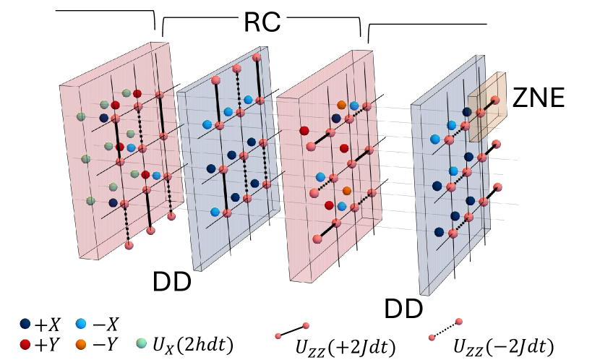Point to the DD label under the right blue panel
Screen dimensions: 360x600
[x=403, y=309]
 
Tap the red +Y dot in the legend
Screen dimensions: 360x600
[x=27, y=343]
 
